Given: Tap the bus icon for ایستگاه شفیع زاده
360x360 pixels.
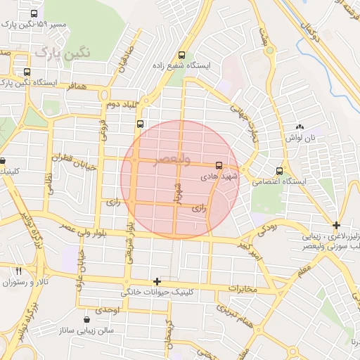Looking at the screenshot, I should coord(182,55).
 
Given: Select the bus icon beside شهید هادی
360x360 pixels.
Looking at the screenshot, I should coord(219,165).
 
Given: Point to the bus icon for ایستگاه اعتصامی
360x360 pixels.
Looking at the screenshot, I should coord(280,171).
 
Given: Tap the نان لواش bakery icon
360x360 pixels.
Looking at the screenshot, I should coord(300,127).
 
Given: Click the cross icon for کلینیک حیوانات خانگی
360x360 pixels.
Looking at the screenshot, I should coord(157,281).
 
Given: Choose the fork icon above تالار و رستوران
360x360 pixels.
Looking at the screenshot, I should coord(18,271).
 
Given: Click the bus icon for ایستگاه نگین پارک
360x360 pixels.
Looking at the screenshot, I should coord(27,72).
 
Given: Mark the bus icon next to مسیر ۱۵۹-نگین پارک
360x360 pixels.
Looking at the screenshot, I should coord(34,13).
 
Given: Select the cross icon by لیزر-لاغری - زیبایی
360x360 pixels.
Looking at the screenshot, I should coord(337,226).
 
